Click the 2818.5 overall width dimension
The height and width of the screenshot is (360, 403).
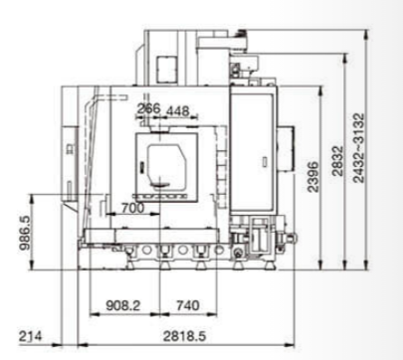click(184, 336)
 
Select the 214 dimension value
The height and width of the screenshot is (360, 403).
click(30, 336)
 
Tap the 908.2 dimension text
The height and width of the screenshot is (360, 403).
click(123, 305)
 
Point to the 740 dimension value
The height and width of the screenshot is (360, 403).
click(188, 305)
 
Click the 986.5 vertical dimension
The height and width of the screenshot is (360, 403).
click(25, 233)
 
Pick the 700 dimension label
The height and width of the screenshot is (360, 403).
click(132, 208)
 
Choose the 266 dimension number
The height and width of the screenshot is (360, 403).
click(148, 108)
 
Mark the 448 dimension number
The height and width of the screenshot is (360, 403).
click(177, 111)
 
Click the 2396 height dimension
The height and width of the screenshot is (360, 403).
click(312, 177)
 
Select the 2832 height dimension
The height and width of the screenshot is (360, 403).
click(337, 161)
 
